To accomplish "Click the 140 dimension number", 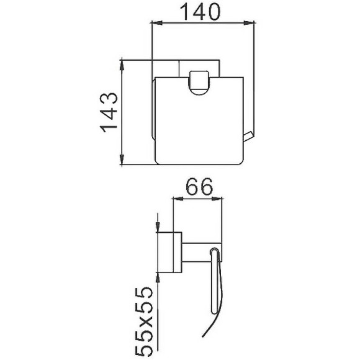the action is click(x=200, y=11).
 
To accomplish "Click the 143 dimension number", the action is click(x=109, y=112).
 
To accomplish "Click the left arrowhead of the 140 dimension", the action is click(x=157, y=23).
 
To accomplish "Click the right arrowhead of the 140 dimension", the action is click(x=249, y=23).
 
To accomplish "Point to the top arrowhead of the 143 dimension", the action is click(x=122, y=65).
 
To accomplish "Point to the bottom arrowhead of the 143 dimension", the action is click(x=122, y=159).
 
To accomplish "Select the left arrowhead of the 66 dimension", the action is click(x=178, y=199).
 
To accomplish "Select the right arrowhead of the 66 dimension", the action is click(x=217, y=199).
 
